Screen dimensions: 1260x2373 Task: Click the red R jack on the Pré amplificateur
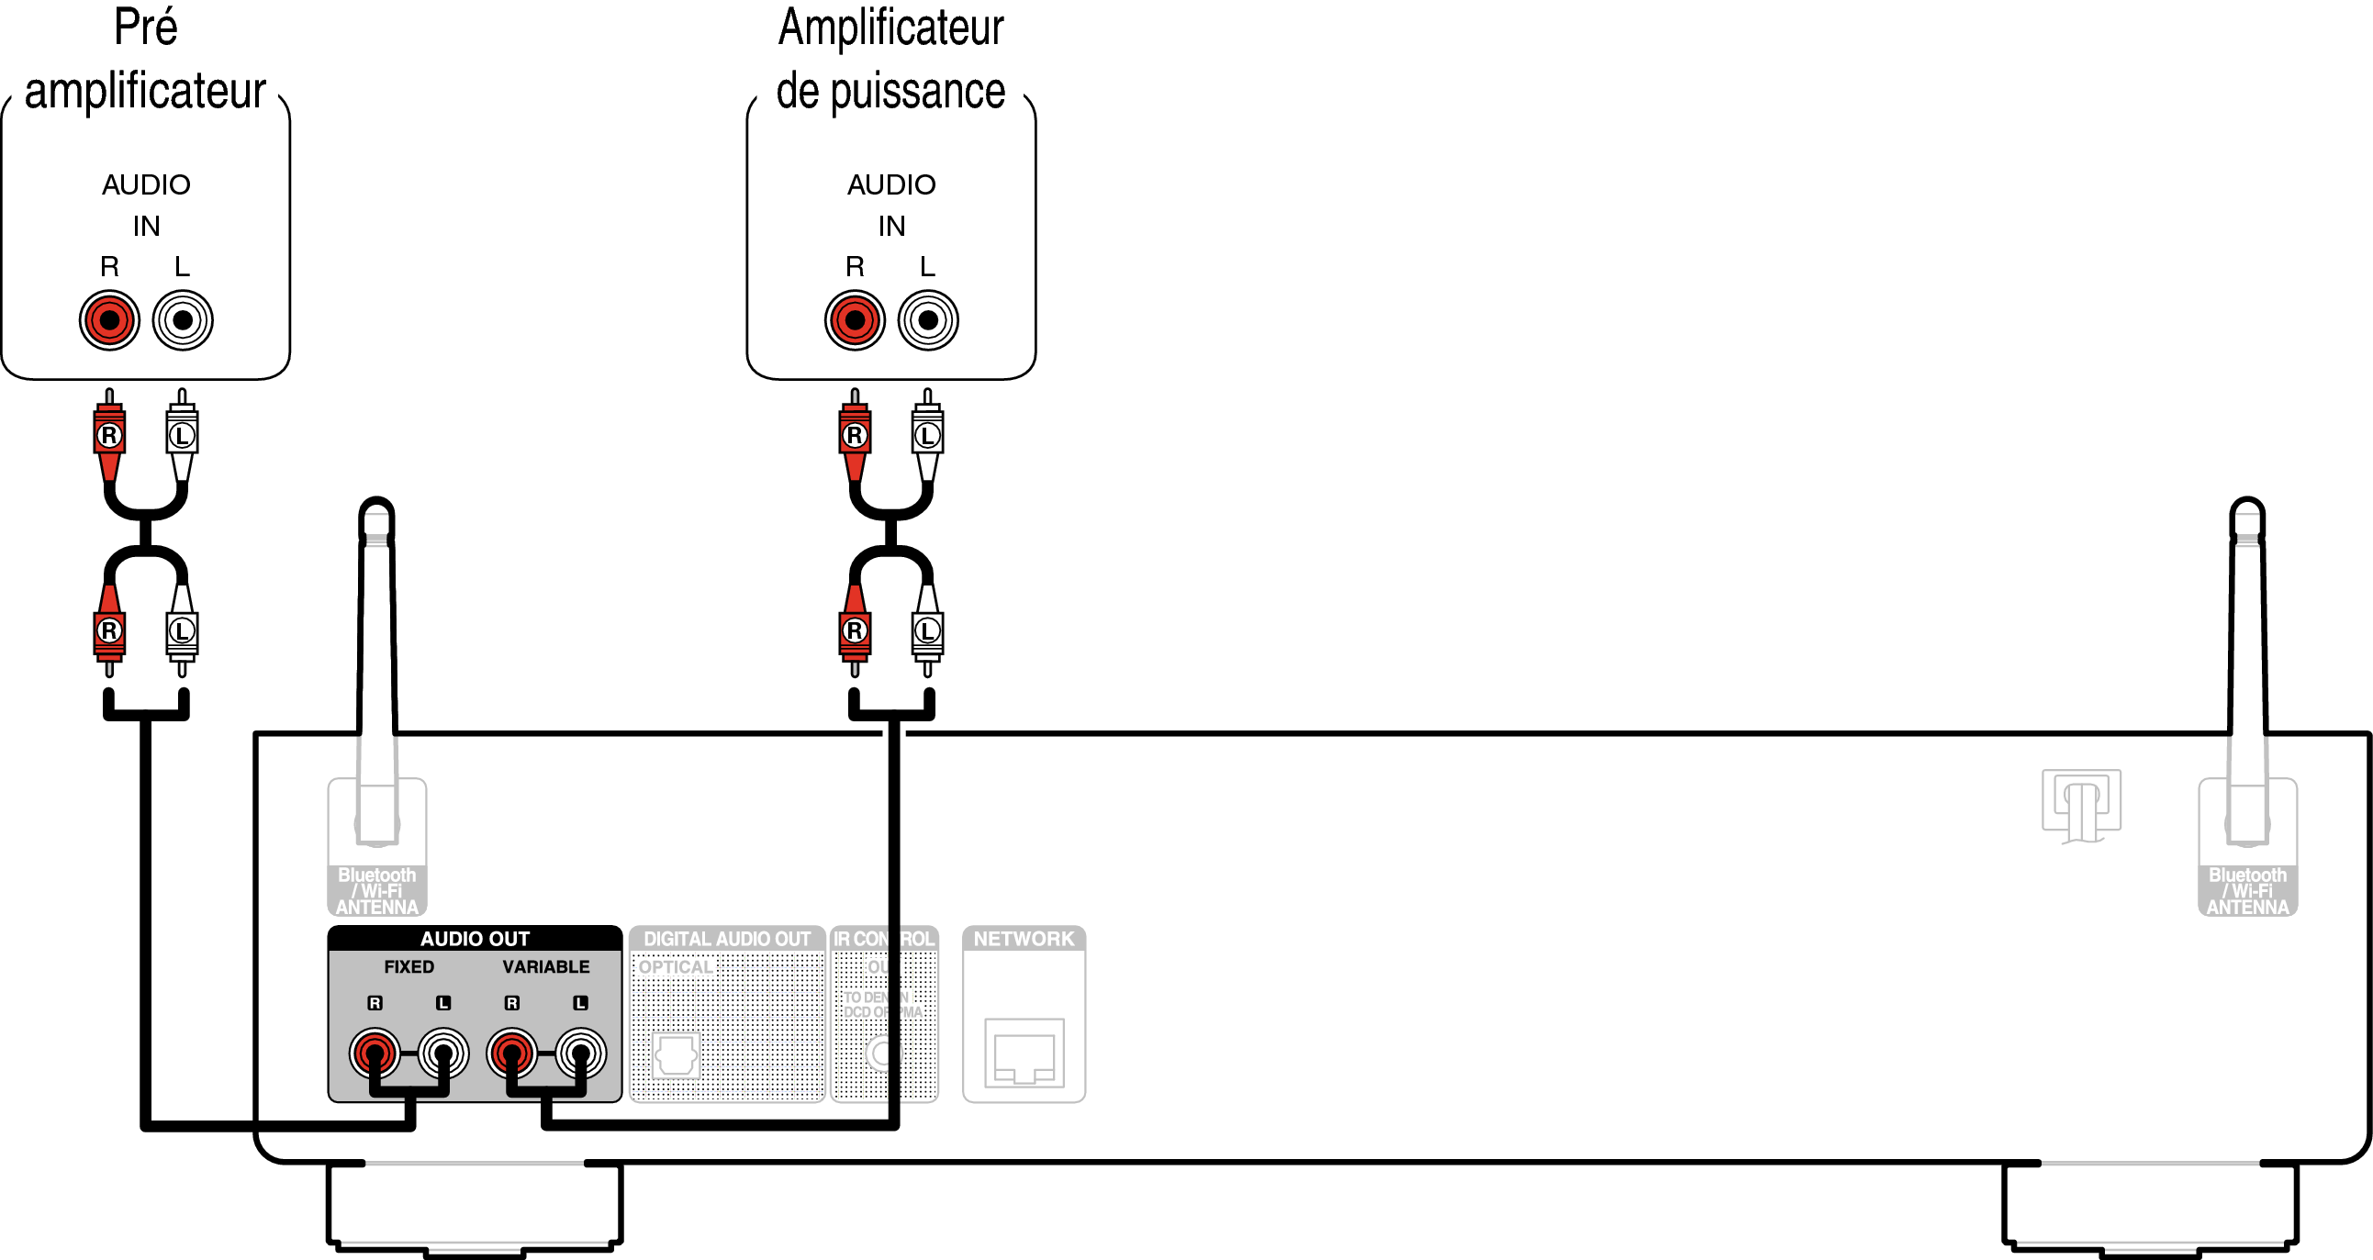pyautogui.click(x=108, y=319)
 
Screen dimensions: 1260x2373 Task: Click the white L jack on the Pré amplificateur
pyautogui.click(x=183, y=319)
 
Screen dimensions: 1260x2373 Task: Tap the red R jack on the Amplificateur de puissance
pyautogui.click(x=855, y=319)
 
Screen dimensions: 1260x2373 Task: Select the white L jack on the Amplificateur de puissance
pyautogui.click(x=928, y=319)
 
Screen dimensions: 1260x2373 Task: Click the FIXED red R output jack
pyautogui.click(x=375, y=1053)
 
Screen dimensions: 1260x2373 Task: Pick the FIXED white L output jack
pyautogui.click(x=443, y=1053)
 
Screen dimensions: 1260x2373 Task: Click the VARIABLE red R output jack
pyautogui.click(x=512, y=1053)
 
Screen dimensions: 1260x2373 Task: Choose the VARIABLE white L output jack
pyautogui.click(x=580, y=1053)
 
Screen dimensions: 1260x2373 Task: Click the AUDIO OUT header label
pyautogui.click(x=475, y=939)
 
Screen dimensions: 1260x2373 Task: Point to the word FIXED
pyautogui.click(x=409, y=966)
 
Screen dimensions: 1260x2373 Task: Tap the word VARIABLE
pyautogui.click(x=545, y=966)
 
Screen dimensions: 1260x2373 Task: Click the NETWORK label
pyautogui.click(x=1024, y=939)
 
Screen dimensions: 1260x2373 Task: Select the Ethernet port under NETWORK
pyautogui.click(x=1024, y=1054)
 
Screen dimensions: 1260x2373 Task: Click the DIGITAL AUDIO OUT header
pyautogui.click(x=727, y=939)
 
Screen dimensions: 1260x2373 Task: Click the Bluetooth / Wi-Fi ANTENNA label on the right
pyautogui.click(x=2247, y=891)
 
